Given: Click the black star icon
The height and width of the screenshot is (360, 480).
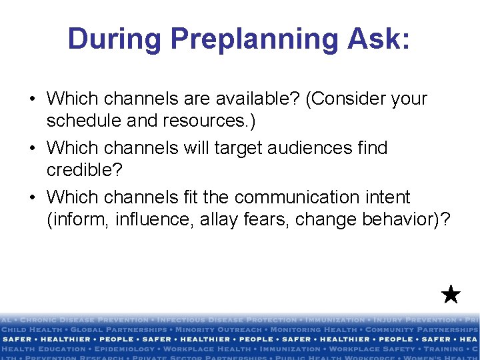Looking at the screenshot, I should tap(451, 294).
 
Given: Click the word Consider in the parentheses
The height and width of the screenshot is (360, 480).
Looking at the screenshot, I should tap(346, 99).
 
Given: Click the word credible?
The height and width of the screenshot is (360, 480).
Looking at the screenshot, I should tap(85, 169).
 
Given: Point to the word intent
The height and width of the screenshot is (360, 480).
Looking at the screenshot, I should tap(387, 197).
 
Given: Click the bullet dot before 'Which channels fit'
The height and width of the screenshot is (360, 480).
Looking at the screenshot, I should tap(32, 198).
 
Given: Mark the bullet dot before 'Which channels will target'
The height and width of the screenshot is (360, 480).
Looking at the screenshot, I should tap(32, 148).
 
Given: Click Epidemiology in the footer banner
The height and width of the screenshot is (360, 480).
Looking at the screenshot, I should tap(123, 349).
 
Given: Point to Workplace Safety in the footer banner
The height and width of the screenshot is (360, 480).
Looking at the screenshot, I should tap(365, 349).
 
